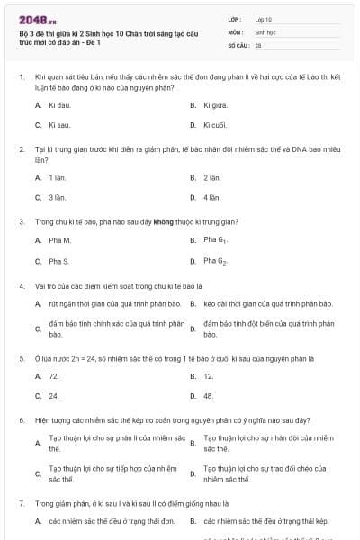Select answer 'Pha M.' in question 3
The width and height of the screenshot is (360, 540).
point(59,240)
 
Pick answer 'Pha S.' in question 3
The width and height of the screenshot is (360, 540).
point(59,261)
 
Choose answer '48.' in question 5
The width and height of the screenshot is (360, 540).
point(209,395)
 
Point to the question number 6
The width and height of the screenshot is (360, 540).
point(21,419)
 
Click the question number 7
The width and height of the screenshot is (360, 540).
point(21,504)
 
